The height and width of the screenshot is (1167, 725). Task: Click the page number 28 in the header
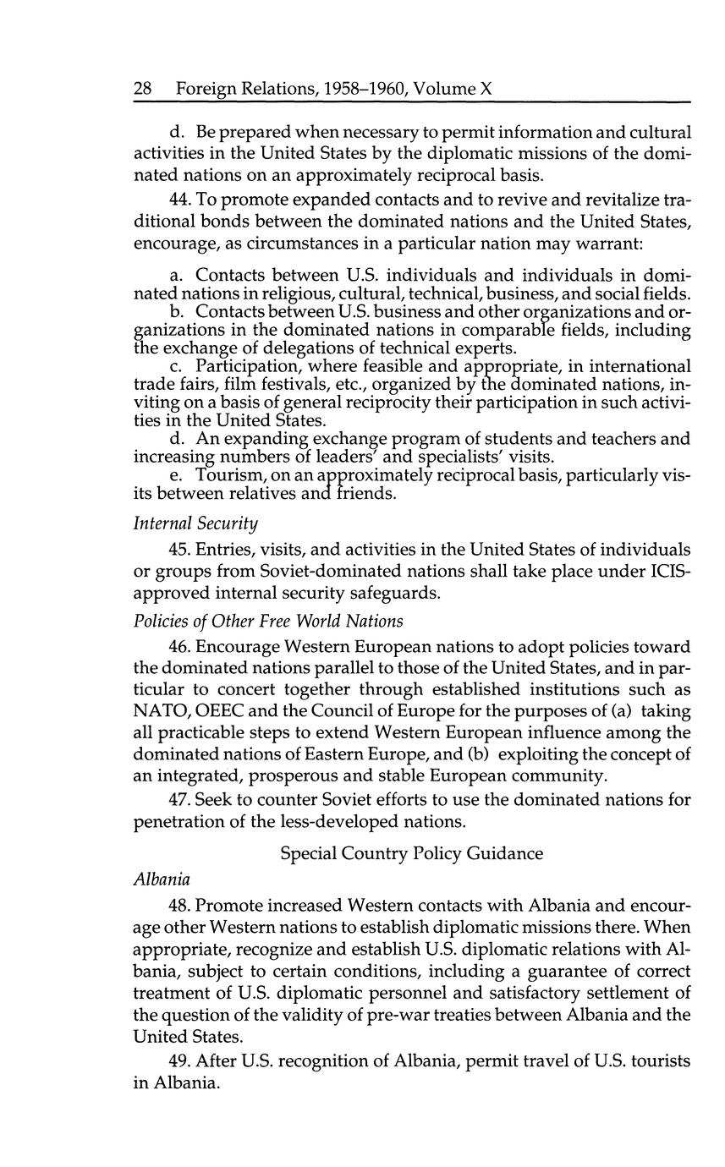[x=143, y=89]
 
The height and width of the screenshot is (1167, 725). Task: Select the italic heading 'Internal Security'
[x=195, y=524]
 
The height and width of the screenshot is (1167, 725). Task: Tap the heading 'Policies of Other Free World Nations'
[x=268, y=621]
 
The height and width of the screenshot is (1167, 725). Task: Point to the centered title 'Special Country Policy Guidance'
[x=411, y=853]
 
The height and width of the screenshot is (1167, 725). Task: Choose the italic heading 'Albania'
[x=162, y=879]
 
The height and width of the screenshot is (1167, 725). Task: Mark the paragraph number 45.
[x=181, y=551]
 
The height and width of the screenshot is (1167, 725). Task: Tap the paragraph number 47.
[x=181, y=799]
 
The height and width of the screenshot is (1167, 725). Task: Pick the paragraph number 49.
[x=181, y=1060]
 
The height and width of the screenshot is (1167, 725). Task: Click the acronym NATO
[x=162, y=711]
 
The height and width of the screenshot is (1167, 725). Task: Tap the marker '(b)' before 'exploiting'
[x=544, y=754]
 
